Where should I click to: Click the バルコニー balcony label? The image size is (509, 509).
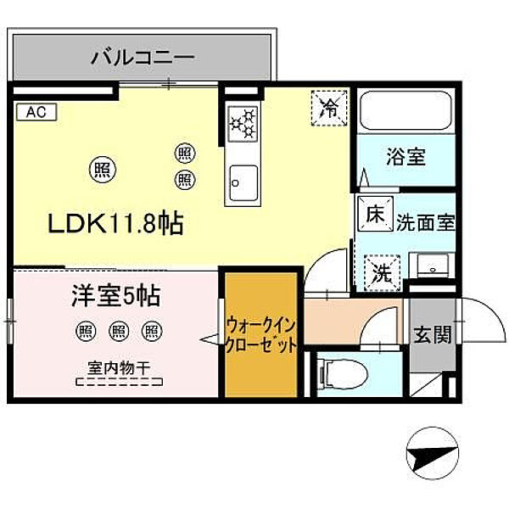(x=143, y=59)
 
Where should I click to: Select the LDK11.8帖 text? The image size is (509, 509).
(x=116, y=224)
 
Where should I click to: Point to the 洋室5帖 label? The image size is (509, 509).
(x=115, y=298)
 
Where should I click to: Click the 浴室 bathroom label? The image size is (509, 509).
(x=406, y=157)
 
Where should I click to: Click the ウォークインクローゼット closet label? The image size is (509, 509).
(x=261, y=334)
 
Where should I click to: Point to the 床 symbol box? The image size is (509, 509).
(x=374, y=215)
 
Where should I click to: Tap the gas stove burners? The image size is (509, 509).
(x=242, y=124)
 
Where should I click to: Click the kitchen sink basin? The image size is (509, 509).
(x=243, y=180)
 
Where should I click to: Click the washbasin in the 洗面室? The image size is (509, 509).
(x=435, y=266)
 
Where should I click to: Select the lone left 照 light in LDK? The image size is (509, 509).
(x=102, y=169)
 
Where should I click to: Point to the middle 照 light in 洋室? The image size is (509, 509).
(x=118, y=331)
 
